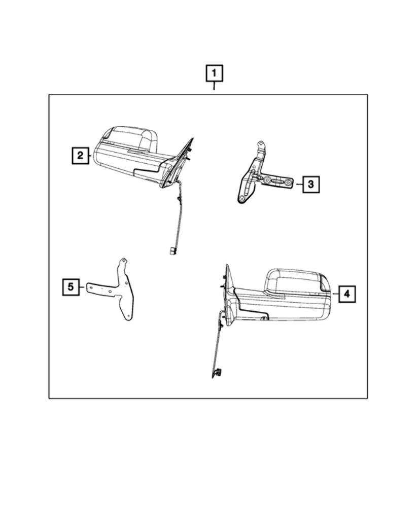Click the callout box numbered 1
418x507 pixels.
tap(214, 74)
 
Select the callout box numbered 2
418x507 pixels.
tap(79, 155)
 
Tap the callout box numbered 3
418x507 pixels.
tap(311, 185)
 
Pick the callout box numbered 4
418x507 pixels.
tap(347, 293)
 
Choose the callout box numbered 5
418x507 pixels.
tap(71, 287)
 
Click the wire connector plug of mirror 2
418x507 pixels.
tap(173, 250)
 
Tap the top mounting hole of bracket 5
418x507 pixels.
tap(122, 262)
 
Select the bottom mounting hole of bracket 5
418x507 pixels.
tap(129, 317)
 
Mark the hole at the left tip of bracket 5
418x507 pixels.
tap(90, 287)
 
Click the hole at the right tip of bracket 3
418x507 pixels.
tap(288, 183)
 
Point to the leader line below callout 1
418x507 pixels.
tap(214, 88)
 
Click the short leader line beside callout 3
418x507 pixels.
tap(299, 185)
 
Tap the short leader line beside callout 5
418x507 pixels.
tap(82, 287)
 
